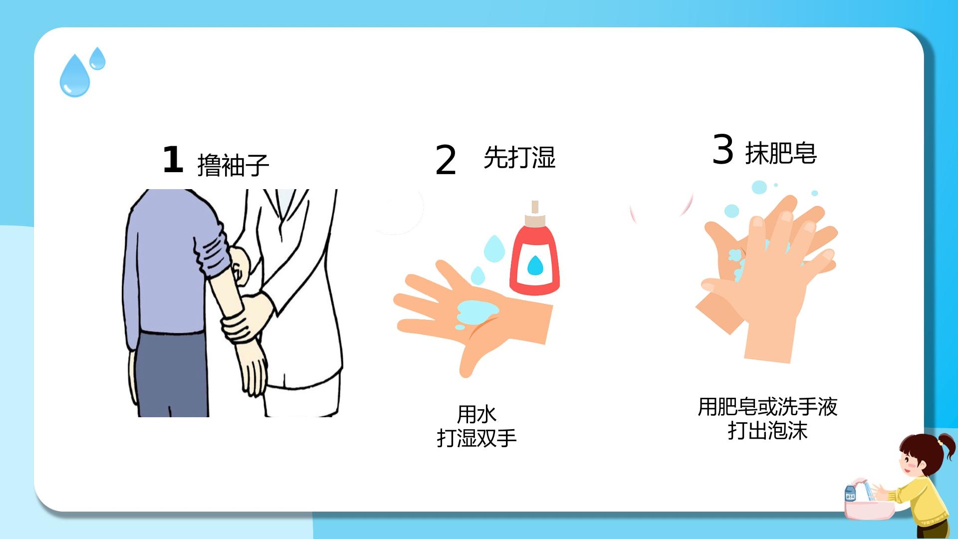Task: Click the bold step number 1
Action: tap(173, 160)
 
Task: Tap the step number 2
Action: tap(446, 160)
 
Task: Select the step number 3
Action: tap(723, 149)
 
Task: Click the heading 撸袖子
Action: tap(233, 165)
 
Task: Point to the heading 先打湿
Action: tap(519, 157)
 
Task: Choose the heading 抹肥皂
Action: tap(781, 153)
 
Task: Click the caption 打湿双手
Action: tap(477, 438)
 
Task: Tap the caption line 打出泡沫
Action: tap(767, 431)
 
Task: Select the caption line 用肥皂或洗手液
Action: tap(767, 407)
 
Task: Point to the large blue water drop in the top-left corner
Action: tap(75, 76)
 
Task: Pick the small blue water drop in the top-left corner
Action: tap(97, 59)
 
